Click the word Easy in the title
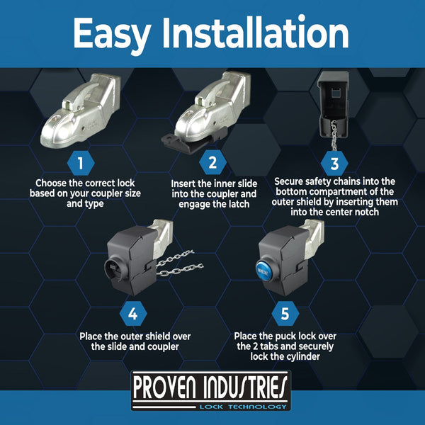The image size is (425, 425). click(x=112, y=34)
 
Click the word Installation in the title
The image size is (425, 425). click(x=255, y=33)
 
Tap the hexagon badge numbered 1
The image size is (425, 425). click(x=81, y=164)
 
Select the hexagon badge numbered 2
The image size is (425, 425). click(x=212, y=162)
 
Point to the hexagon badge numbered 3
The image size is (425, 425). click(x=334, y=164)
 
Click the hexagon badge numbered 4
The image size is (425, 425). click(x=133, y=314)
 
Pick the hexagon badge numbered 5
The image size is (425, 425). click(x=285, y=314)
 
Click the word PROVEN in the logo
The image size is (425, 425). click(x=164, y=389)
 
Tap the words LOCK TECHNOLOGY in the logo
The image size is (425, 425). click(x=243, y=407)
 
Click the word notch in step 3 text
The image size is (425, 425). click(x=366, y=212)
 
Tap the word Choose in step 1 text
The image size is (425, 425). click(x=51, y=183)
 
